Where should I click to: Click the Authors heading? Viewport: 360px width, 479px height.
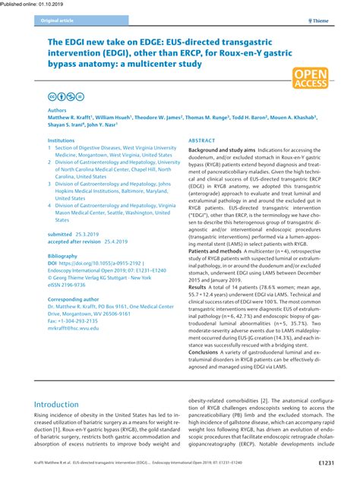click(58, 110)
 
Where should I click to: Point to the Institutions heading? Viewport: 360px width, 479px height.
click(62, 140)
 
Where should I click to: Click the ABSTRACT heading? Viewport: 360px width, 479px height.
click(202, 141)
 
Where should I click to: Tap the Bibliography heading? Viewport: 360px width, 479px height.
click(64, 257)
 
